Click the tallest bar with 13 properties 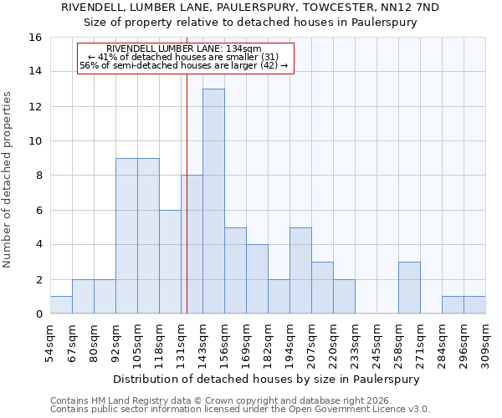213,201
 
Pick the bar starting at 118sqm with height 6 170,262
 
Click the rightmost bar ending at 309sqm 474,305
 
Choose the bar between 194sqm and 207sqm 300,271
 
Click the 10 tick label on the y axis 36,141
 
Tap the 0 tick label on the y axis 39,314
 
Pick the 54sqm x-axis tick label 50,341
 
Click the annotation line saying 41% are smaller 183,57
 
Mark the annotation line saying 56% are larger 183,65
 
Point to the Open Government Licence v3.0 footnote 240,410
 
